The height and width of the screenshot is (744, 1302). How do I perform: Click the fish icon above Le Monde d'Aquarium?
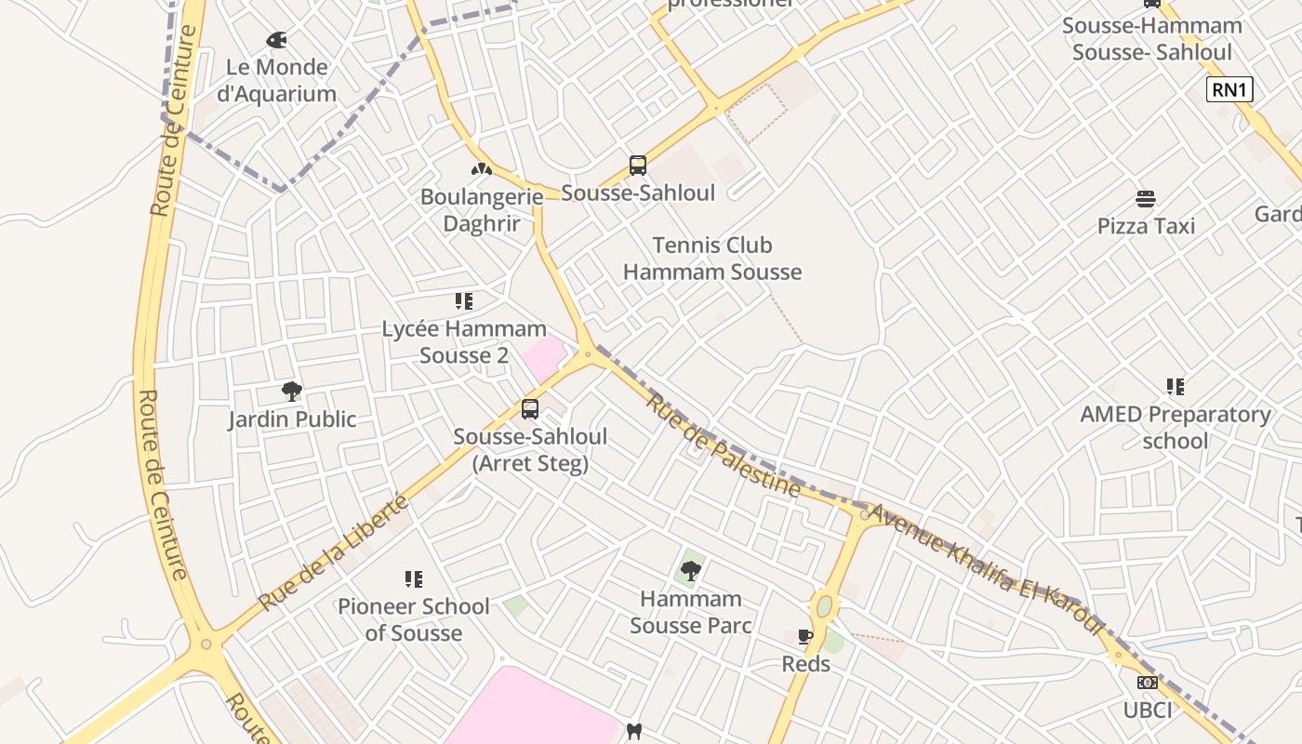click(x=276, y=40)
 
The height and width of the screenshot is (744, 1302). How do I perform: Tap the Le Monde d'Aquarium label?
click(x=276, y=81)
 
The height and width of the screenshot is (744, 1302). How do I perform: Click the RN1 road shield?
click(x=1229, y=90)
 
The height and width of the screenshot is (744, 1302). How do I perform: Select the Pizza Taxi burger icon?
click(x=1146, y=199)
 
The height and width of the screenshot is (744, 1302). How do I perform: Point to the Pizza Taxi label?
click(x=1146, y=226)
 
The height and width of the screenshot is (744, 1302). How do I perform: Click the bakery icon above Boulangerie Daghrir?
click(x=480, y=169)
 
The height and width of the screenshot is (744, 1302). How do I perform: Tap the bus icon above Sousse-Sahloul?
click(x=637, y=166)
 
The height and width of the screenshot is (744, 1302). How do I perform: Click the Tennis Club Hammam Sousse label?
click(x=712, y=259)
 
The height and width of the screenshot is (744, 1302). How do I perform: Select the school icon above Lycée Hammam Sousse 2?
click(x=463, y=301)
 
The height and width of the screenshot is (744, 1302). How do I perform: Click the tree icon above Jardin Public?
click(x=292, y=392)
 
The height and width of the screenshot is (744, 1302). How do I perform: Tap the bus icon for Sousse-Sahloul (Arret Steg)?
click(x=530, y=409)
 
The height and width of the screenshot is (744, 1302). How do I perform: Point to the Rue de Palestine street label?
click(x=723, y=445)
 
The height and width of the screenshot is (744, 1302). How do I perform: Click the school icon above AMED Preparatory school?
click(x=1175, y=387)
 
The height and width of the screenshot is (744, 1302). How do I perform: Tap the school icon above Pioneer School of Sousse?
click(x=414, y=579)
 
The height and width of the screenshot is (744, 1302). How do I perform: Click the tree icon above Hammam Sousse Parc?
click(x=691, y=570)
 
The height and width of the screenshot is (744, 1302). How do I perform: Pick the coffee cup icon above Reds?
click(x=805, y=637)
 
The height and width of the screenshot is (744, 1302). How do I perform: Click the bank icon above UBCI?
click(x=1147, y=683)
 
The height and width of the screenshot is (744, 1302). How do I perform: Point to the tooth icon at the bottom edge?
click(x=634, y=732)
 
